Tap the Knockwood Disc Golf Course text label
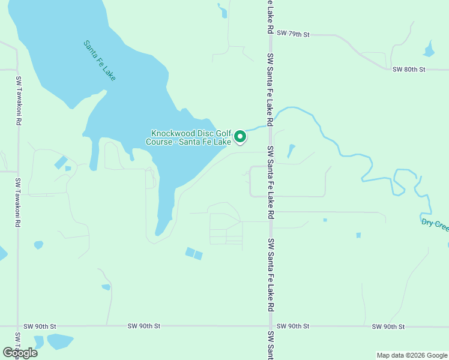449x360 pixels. (x=188, y=137)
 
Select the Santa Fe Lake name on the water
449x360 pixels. (x=100, y=60)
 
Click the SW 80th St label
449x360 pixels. (x=409, y=70)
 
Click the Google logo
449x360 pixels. (x=20, y=353)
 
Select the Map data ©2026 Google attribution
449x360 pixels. (x=411, y=355)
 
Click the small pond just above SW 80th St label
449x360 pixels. (x=429, y=50)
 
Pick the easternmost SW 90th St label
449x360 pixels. (x=388, y=326)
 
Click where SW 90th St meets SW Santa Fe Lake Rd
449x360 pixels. (x=270, y=326)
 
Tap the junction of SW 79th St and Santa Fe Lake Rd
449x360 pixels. (x=270, y=35)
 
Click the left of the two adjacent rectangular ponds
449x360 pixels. (x=190, y=252)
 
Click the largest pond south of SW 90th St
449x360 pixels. (x=59, y=341)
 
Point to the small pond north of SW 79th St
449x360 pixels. (x=223, y=10)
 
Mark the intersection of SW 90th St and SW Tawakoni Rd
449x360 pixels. (x=18, y=326)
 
